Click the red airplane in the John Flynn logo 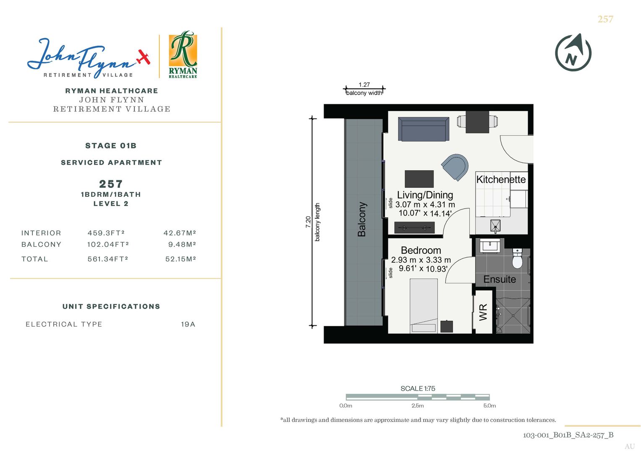point(144,57)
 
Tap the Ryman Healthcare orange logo point(183,55)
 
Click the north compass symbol point(573,53)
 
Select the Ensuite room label point(500,279)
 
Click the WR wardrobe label point(483,312)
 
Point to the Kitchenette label point(501,179)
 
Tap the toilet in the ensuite point(518,258)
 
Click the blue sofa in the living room point(424,129)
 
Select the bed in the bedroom point(424,306)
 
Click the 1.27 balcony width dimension point(364,84)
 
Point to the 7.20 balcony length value point(308,222)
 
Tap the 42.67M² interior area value point(180,233)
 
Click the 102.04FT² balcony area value point(108,244)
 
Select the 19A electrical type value point(188,324)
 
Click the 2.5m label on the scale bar point(418,406)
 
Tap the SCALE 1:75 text point(418,388)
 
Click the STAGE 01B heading point(111,145)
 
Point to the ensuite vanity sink point(490,245)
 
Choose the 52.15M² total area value point(181,259)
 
